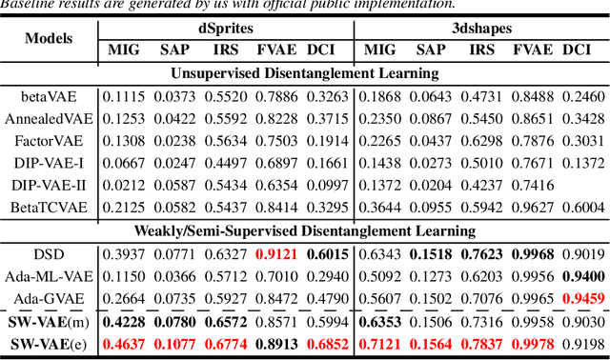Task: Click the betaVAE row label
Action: point(51,97)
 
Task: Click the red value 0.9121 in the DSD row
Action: point(279,253)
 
